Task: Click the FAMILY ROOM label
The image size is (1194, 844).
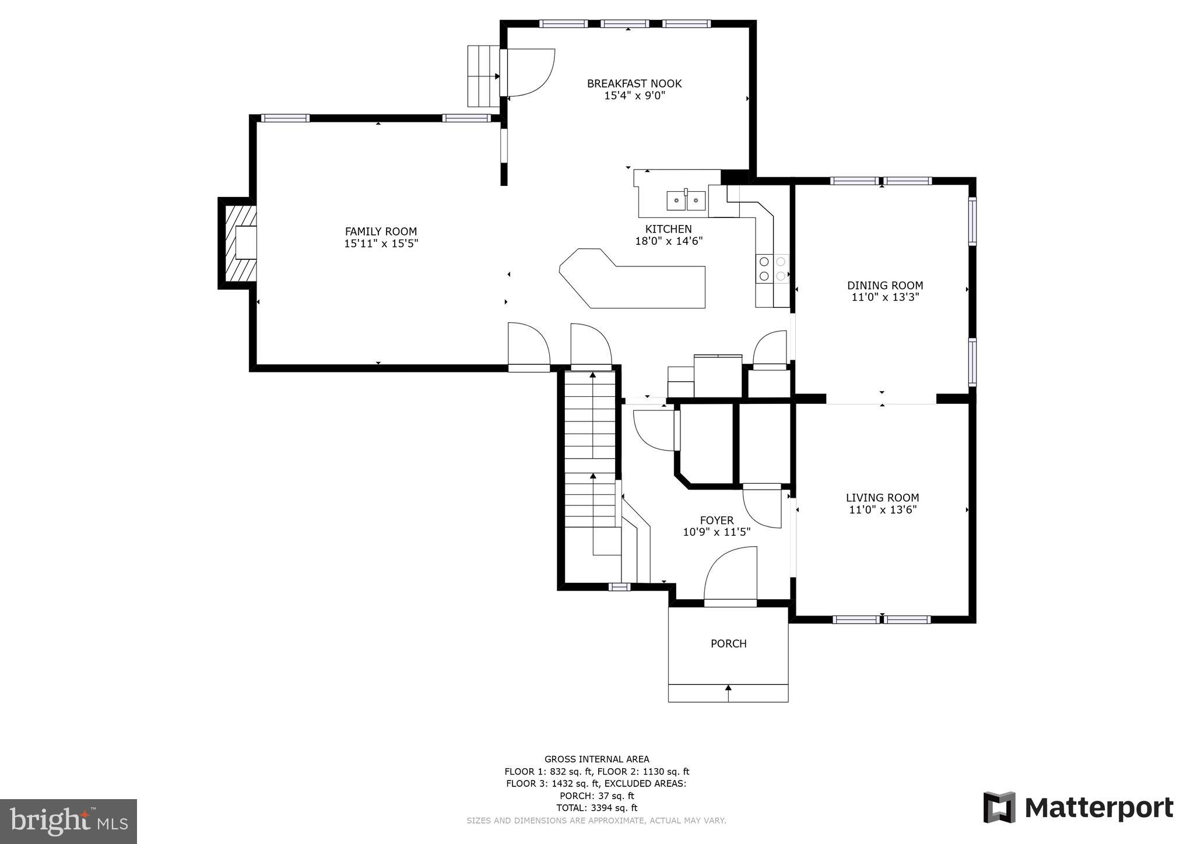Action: click(x=381, y=231)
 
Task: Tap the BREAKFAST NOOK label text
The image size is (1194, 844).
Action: click(x=634, y=83)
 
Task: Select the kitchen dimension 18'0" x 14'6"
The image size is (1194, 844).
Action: click(x=669, y=241)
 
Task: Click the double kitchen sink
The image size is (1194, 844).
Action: click(x=686, y=201)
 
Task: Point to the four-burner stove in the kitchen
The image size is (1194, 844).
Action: click(x=772, y=269)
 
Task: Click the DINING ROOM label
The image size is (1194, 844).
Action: click(x=884, y=285)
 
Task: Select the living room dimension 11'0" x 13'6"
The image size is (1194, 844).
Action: click(x=882, y=510)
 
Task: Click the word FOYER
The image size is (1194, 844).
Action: click(x=717, y=520)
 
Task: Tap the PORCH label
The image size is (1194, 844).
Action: click(x=728, y=643)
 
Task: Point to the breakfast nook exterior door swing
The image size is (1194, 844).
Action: click(x=529, y=72)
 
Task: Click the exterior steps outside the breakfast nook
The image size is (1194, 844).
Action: click(x=483, y=76)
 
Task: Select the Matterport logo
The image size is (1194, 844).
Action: click(x=1078, y=808)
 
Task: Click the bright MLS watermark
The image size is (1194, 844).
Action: click(x=68, y=821)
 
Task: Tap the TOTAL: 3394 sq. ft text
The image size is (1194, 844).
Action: click(x=596, y=808)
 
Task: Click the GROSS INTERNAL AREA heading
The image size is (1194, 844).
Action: click(x=596, y=759)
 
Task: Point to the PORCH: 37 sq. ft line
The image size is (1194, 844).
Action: click(x=596, y=796)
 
